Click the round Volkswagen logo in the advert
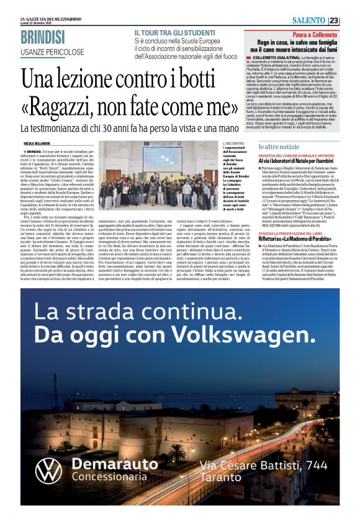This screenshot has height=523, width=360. [x=48, y=470]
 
